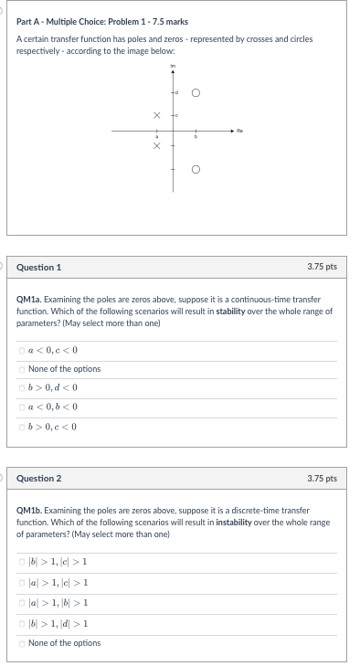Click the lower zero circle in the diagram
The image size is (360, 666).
tap(195, 169)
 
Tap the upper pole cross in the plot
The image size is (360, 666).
tap(157, 115)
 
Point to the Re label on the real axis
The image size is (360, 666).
tap(239, 130)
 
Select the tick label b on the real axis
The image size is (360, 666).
tap(195, 138)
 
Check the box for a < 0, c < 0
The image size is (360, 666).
tap(22, 350)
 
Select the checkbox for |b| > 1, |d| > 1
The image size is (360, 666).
tap(22, 623)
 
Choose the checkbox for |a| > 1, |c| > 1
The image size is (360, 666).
tap(22, 583)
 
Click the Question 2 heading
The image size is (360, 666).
tap(39, 478)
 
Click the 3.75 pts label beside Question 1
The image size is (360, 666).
tap(323, 267)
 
